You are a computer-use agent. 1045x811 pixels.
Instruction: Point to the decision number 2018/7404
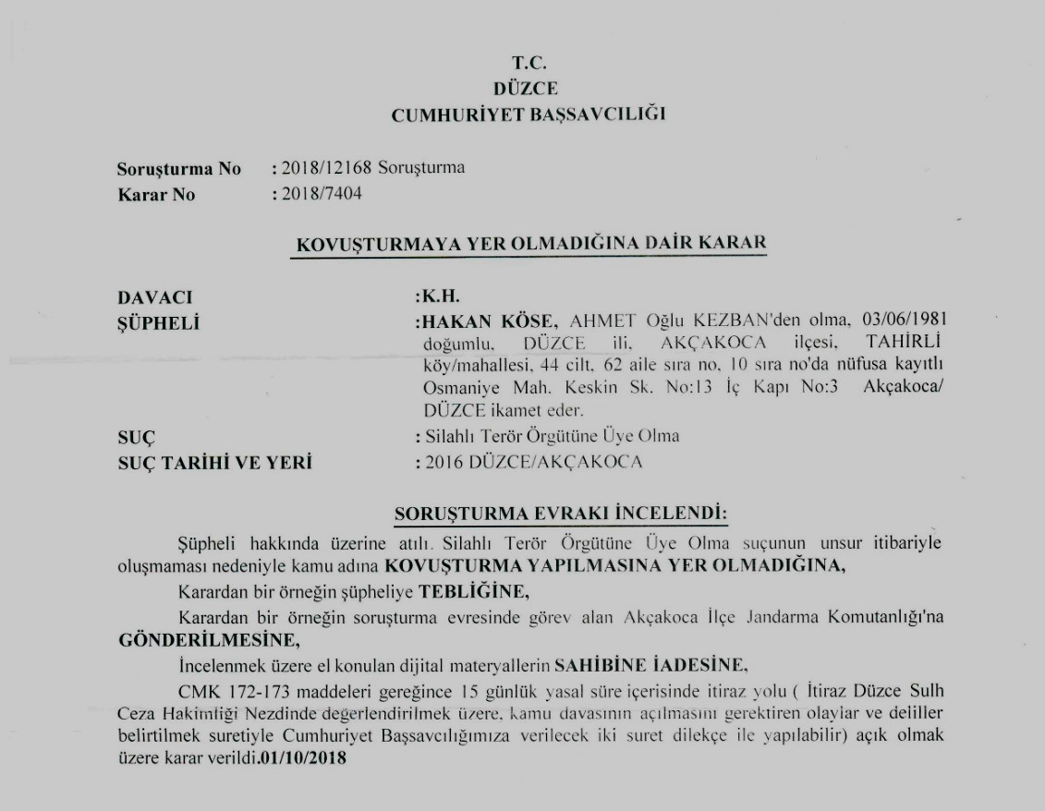click(317, 194)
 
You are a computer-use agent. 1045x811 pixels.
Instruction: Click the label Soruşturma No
click(178, 169)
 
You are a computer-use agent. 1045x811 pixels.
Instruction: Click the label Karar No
click(156, 195)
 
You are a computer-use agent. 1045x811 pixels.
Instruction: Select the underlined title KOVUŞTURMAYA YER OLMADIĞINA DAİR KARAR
click(529, 245)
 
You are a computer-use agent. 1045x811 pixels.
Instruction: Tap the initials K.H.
click(441, 297)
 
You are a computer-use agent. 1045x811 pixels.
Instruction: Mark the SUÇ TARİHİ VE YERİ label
click(214, 463)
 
